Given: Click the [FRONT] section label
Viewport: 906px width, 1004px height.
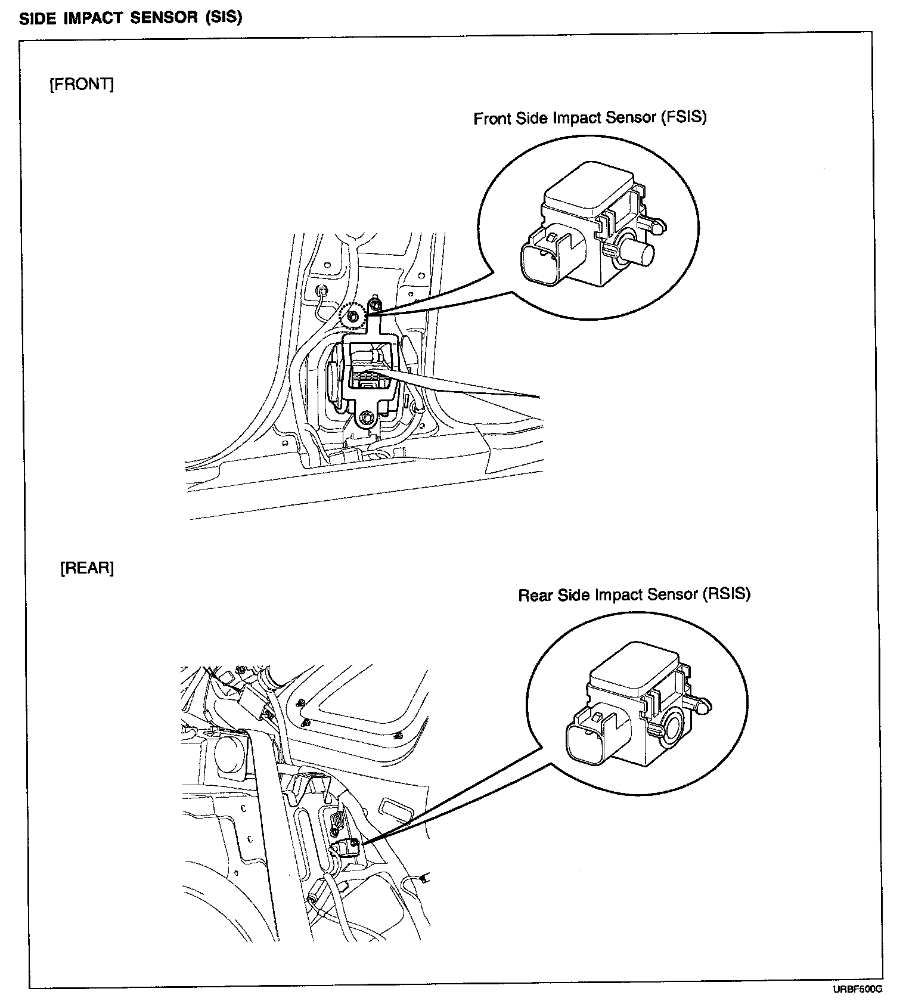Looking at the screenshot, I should [81, 85].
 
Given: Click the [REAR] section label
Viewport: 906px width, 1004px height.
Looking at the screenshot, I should [87, 568].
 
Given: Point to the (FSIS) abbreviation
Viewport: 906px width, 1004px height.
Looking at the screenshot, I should [683, 117].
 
